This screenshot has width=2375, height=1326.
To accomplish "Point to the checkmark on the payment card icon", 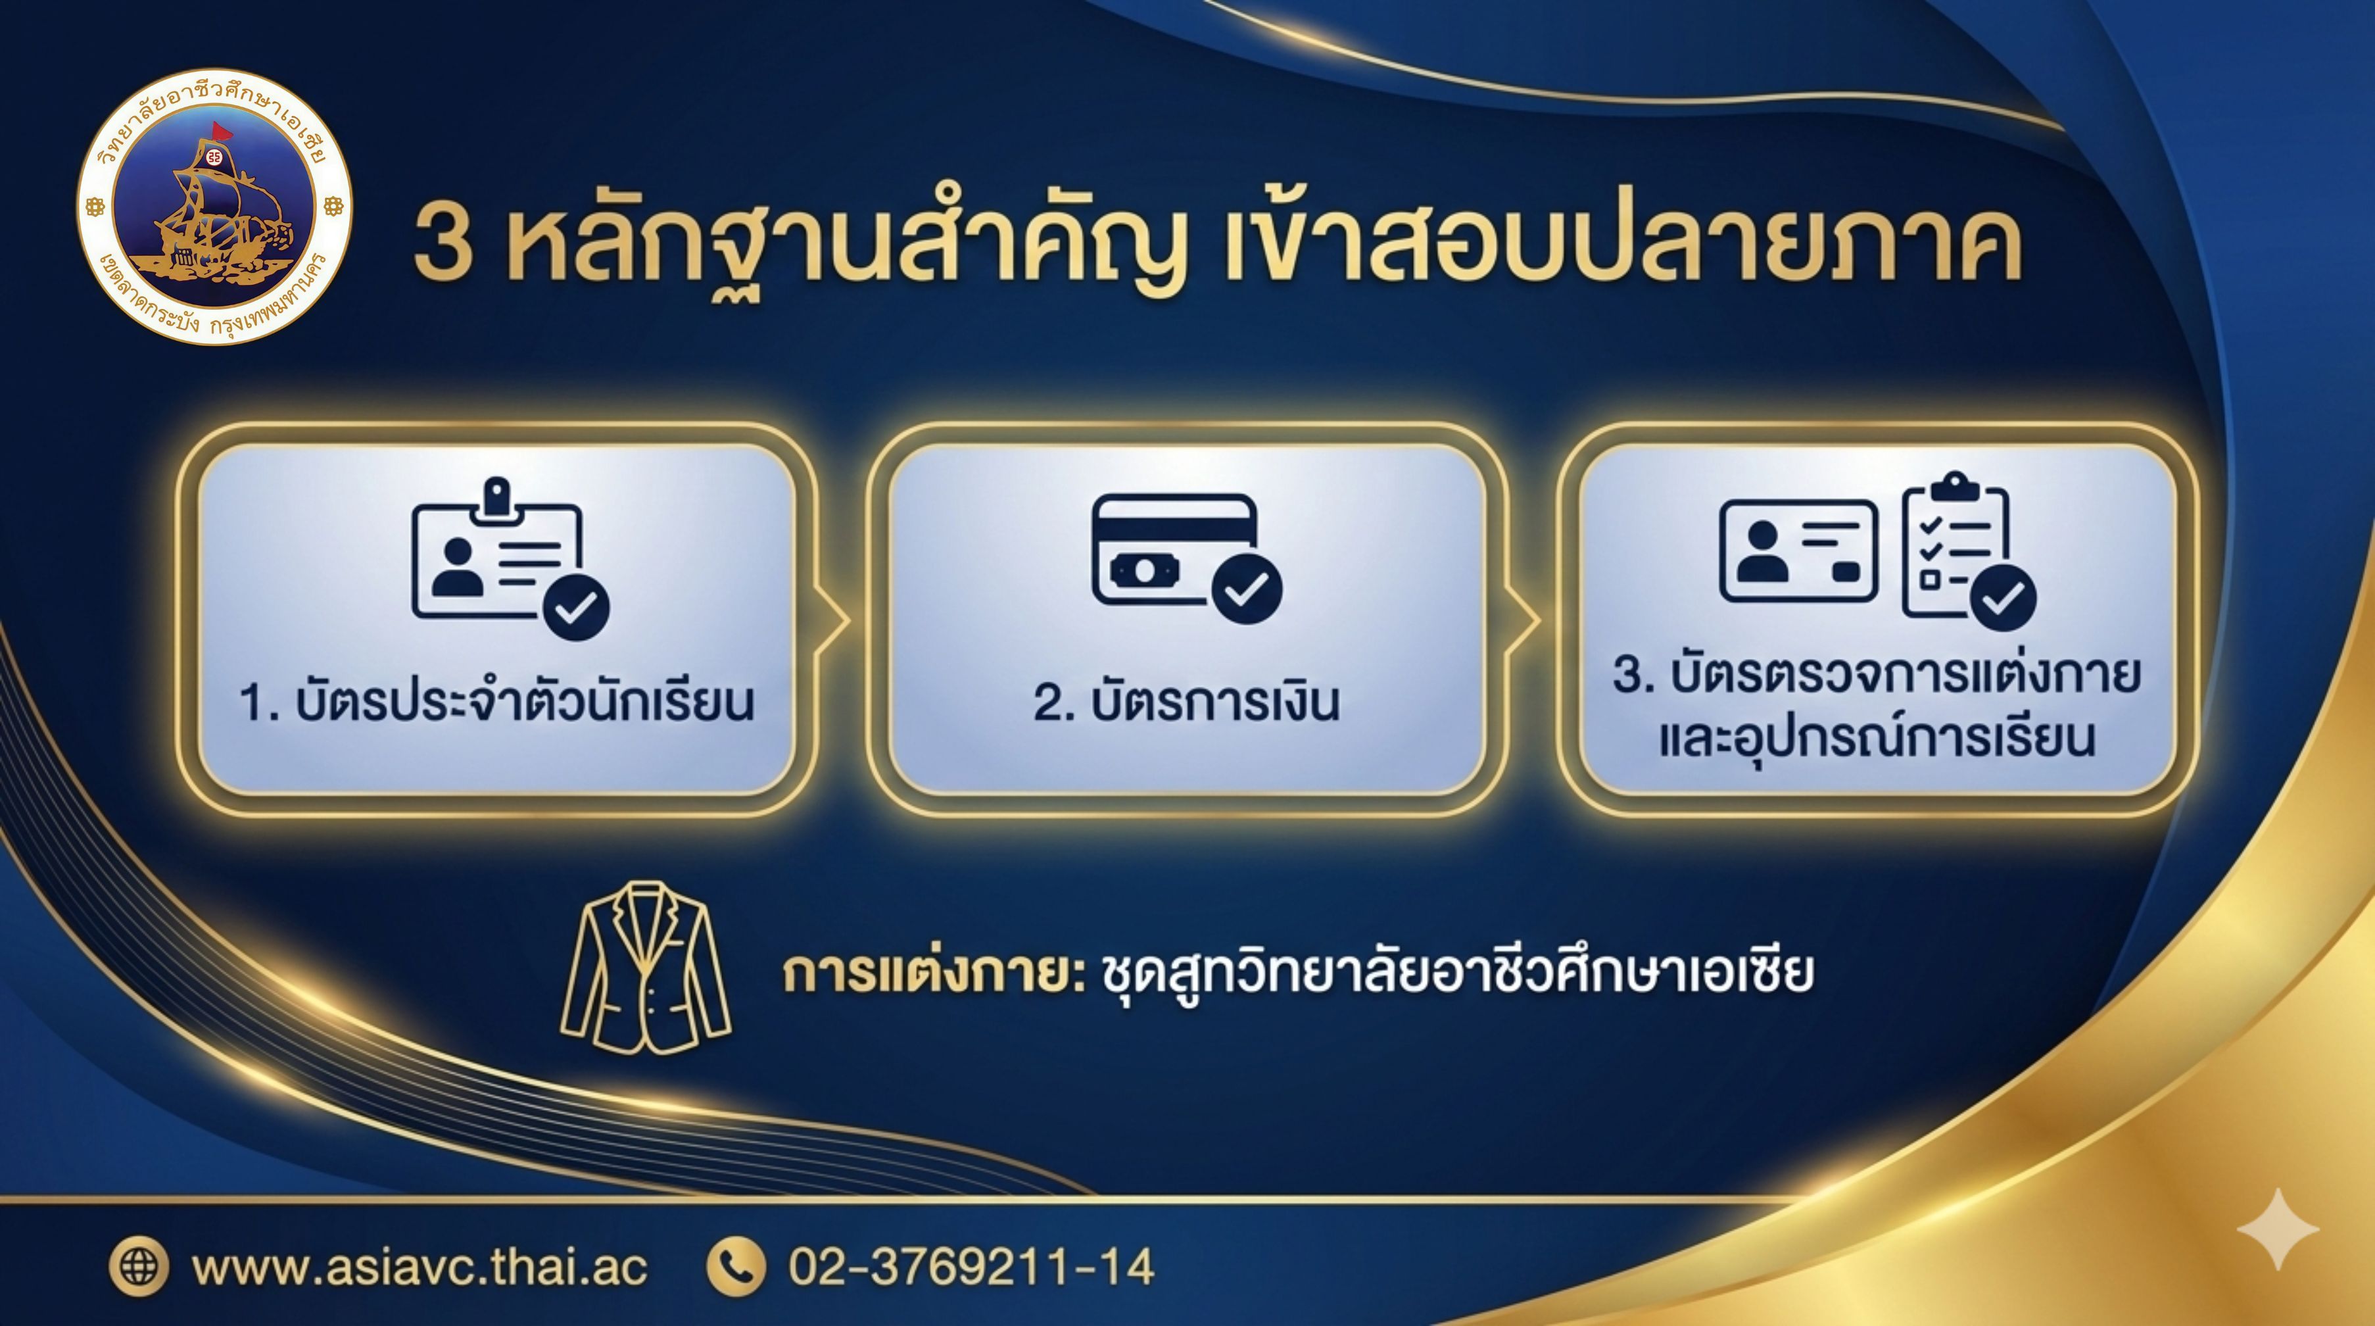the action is [x=1247, y=590].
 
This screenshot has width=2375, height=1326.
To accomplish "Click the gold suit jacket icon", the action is [x=646, y=968].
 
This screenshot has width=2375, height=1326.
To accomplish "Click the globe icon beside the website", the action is [x=139, y=1266].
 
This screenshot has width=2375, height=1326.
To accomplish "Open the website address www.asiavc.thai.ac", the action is [x=420, y=1267].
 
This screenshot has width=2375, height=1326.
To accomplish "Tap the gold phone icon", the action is [x=736, y=1266].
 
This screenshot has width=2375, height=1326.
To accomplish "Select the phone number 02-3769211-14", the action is [x=971, y=1267].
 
